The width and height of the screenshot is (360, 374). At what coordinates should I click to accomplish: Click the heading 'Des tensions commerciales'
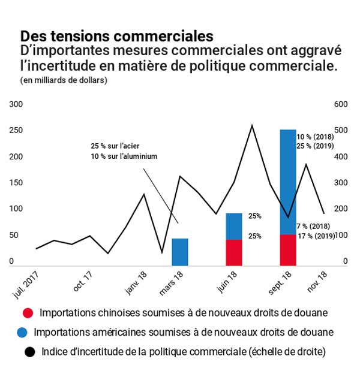[116, 36]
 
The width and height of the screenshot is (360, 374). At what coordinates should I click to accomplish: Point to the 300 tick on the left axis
[16, 104]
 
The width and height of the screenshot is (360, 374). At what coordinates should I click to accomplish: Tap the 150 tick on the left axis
[16, 183]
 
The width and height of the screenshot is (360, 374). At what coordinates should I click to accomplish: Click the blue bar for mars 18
[180, 252]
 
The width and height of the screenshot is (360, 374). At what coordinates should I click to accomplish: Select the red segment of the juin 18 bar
[234, 252]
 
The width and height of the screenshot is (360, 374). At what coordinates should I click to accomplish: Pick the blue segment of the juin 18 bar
[234, 226]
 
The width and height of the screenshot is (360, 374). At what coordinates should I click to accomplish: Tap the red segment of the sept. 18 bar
[288, 249]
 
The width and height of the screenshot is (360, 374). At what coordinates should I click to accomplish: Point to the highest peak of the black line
[252, 125]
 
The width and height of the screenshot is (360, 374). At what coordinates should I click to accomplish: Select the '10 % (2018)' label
[315, 137]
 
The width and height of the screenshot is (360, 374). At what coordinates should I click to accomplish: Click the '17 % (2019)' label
[316, 236]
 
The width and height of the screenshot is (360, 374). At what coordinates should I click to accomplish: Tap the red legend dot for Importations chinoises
[27, 312]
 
